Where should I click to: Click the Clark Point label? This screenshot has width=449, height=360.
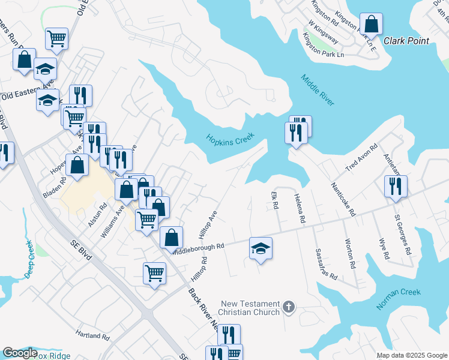406,41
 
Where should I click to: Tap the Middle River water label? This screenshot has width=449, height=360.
318,90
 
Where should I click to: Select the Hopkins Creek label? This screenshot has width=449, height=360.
231,139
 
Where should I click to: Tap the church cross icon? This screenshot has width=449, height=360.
289,307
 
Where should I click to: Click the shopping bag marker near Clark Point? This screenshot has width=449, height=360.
372,25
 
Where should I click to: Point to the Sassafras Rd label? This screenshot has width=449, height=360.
325,263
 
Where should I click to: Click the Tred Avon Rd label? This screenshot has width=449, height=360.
361,157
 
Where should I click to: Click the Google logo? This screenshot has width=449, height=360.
20,353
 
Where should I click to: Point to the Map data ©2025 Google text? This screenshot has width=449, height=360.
411,355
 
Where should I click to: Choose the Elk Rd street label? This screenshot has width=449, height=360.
275,200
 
